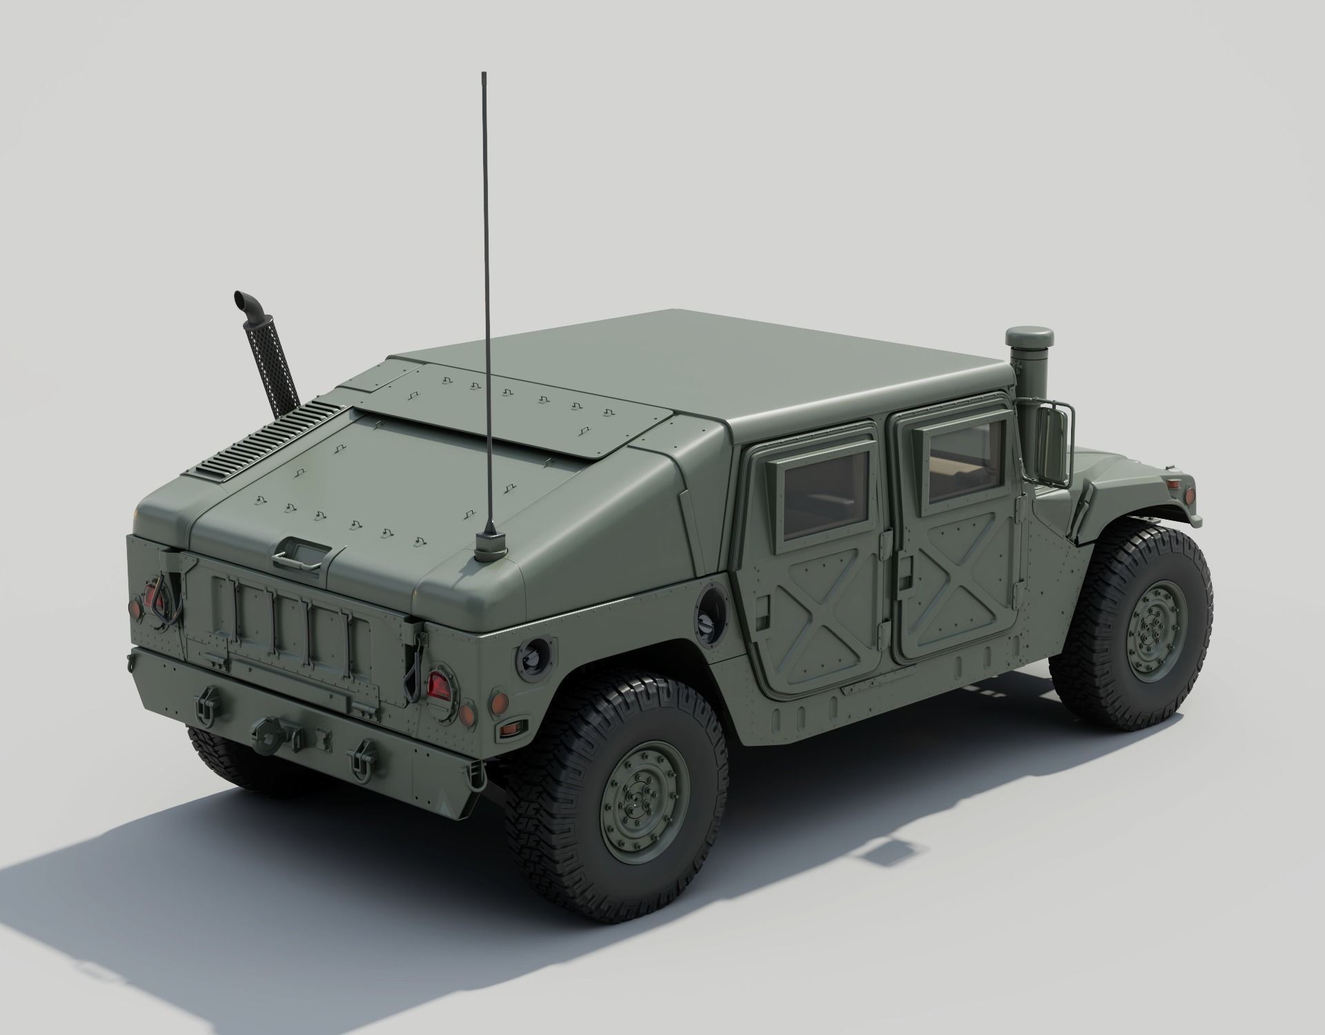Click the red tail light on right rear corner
coord(438,684)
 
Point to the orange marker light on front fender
coord(1192,495)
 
